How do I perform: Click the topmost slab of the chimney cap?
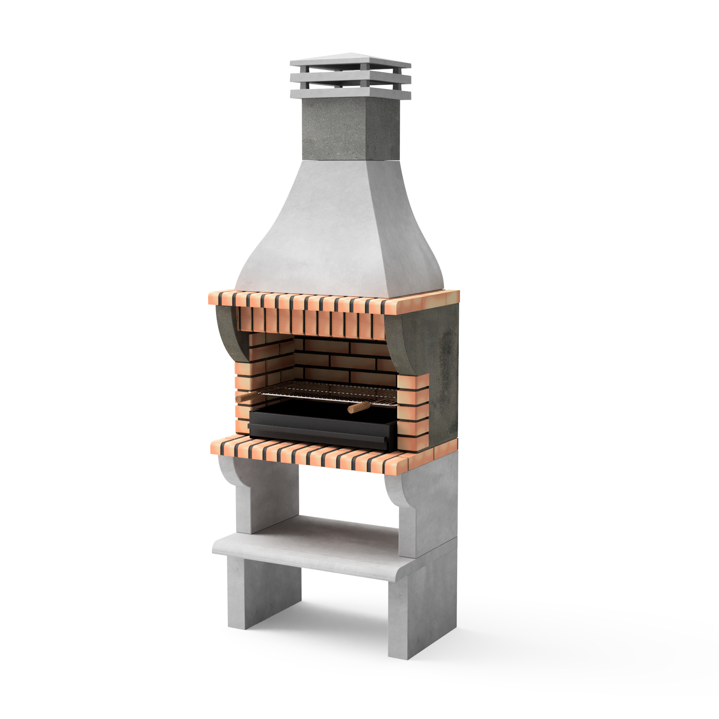click(350, 62)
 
